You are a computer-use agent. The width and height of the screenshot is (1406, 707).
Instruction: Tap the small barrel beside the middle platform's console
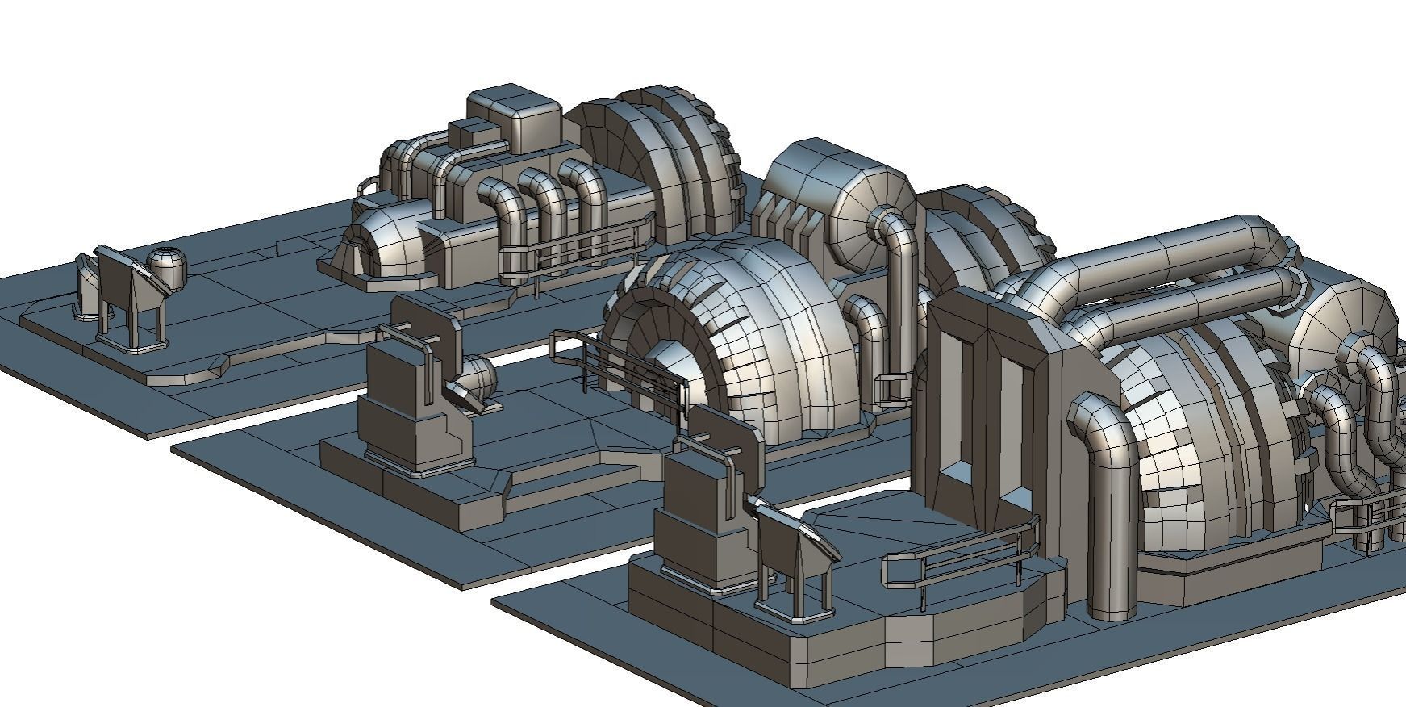[478, 375]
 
